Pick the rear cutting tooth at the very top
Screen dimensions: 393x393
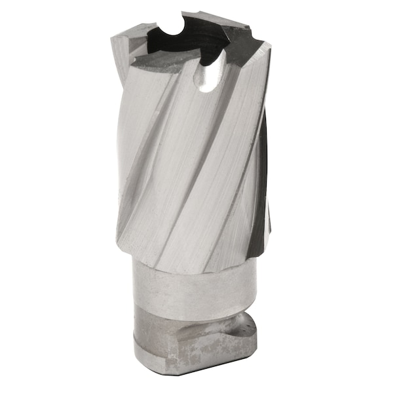pos(190,14)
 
